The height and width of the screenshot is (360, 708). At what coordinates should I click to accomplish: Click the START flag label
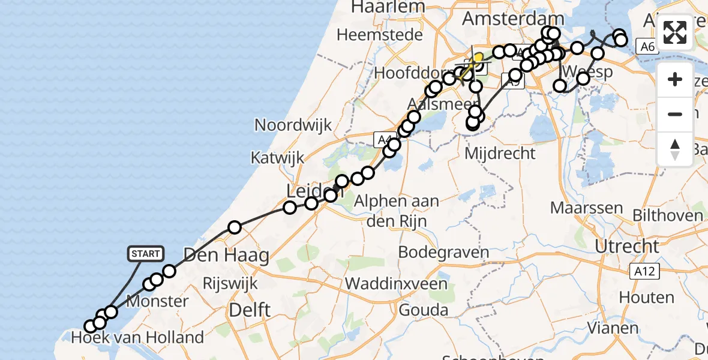[145, 254]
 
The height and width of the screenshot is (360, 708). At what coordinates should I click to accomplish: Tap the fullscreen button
[675, 32]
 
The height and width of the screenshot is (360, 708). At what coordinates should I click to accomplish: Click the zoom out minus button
[675, 114]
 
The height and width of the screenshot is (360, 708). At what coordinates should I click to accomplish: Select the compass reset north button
[675, 149]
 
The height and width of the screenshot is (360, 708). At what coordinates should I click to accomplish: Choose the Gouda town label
[423, 310]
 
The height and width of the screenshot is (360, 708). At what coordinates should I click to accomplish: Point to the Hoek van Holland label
[137, 337]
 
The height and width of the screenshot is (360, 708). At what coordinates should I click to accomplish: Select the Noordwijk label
[293, 125]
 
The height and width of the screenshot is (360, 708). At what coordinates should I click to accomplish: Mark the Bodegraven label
[443, 251]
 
